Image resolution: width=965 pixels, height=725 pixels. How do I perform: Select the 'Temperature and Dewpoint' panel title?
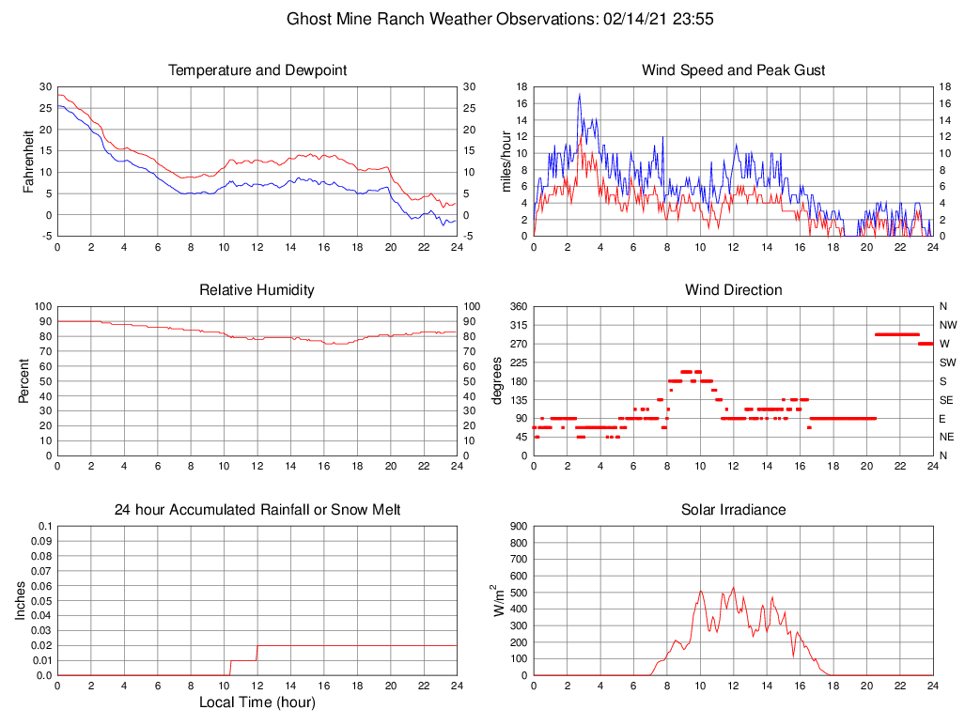click(x=257, y=70)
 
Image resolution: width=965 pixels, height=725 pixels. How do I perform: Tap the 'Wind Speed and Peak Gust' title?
click(x=734, y=70)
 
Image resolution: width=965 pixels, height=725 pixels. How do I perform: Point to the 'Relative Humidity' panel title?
click(x=257, y=290)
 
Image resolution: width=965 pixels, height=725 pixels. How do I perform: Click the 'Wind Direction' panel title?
click(x=734, y=290)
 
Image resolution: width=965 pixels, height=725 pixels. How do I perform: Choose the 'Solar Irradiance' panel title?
click(x=734, y=510)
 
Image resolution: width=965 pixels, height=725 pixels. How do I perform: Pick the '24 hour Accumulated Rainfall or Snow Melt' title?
click(x=257, y=510)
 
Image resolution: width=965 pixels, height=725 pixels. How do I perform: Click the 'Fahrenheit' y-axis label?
click(x=28, y=161)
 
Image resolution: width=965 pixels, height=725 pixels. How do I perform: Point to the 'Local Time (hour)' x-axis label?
click(x=257, y=702)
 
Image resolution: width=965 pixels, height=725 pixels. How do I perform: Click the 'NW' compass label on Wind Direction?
click(x=946, y=325)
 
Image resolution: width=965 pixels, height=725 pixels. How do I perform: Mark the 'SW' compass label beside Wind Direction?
click(x=946, y=362)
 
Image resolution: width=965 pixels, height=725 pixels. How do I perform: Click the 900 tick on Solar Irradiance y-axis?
click(x=518, y=526)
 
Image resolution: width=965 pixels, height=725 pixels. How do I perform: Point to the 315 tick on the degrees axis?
click(x=516, y=325)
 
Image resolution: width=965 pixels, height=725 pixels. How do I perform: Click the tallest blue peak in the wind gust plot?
click(x=580, y=95)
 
